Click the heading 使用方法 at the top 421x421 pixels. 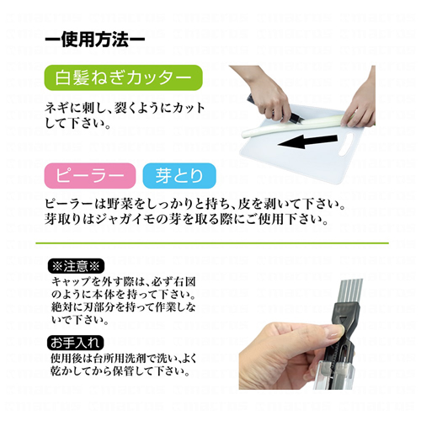point(95,40)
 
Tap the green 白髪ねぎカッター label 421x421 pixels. point(124,77)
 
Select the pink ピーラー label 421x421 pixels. point(90,176)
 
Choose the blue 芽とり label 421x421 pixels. point(179,176)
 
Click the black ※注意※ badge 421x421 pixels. point(76,266)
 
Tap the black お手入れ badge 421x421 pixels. point(76,343)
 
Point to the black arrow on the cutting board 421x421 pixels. point(307,141)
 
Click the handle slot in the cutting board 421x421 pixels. point(346,144)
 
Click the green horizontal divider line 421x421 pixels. point(212,242)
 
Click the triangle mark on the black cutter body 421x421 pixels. point(342,320)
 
